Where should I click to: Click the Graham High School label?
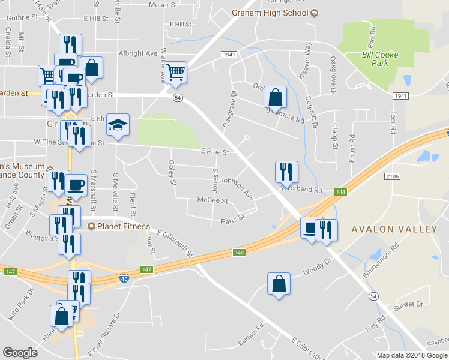tap(270, 13)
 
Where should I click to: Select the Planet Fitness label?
tap(117, 226)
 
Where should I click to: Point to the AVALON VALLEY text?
tap(394, 229)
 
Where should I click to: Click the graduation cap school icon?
tap(118, 125)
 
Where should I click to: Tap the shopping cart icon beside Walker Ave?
tap(176, 72)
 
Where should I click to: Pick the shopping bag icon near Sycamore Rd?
tap(274, 97)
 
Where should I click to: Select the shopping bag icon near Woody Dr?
tap(279, 283)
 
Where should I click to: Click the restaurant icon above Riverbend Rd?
tap(286, 172)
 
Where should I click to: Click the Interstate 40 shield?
tap(122, 280)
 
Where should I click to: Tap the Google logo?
tap(20, 353)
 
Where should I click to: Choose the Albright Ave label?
tap(137, 53)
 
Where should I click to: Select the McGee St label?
tap(212, 201)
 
